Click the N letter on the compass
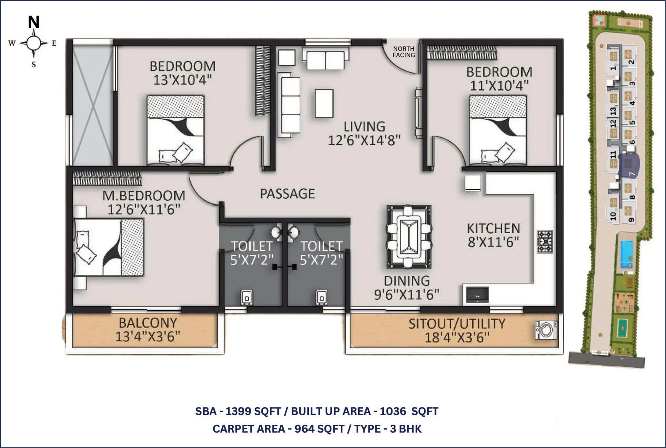click(34, 22)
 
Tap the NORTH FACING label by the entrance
click(404, 52)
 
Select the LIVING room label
click(364, 127)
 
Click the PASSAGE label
click(287, 194)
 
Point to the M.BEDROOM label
click(144, 196)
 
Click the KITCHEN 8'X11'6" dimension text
click(493, 242)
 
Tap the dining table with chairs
click(409, 236)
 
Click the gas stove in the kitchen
click(545, 241)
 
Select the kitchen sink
click(477, 295)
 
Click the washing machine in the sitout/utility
click(546, 330)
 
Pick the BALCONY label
click(148, 323)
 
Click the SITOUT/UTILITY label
click(457, 324)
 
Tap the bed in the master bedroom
click(109, 247)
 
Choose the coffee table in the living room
click(324, 103)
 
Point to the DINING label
click(407, 281)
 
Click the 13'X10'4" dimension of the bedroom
click(182, 80)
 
